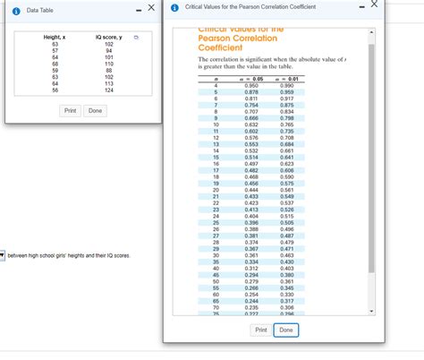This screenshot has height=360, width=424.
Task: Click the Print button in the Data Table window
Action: tap(70, 110)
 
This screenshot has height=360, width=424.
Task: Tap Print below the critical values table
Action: tap(261, 330)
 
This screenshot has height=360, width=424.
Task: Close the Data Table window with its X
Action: tap(151, 7)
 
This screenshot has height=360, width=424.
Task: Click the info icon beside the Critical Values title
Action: tap(174, 7)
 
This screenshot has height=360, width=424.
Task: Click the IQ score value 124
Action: tap(108, 90)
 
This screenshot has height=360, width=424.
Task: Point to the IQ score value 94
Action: tap(108, 50)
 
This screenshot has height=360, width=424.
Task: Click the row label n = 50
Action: tap(216, 280)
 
